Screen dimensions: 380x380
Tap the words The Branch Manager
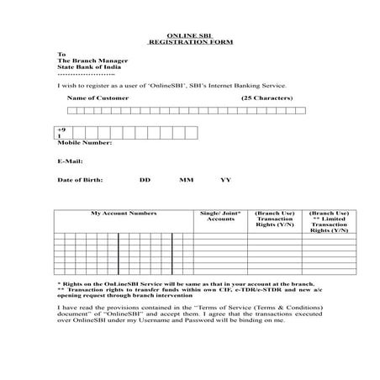(89, 61)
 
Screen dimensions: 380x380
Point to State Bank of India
(87, 69)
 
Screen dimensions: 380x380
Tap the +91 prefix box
(61, 132)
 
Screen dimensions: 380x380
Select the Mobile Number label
(84, 142)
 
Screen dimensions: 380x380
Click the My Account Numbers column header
(124, 214)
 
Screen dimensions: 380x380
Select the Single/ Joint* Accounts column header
(221, 216)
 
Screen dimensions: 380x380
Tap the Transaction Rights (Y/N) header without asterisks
(275, 220)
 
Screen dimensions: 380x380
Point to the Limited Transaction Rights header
(329, 223)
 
